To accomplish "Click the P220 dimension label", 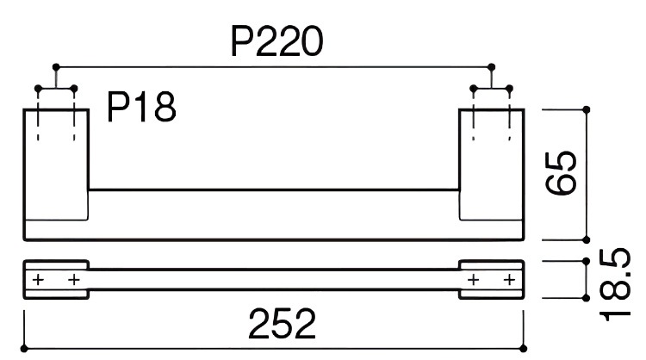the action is pyautogui.click(x=276, y=41).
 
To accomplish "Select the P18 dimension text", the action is pyautogui.click(x=142, y=107).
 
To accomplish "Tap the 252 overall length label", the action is pyautogui.click(x=283, y=324).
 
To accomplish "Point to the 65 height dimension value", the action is pyautogui.click(x=561, y=173).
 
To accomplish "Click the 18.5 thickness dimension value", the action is pyautogui.click(x=615, y=284).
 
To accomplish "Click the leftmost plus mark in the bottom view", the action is pyautogui.click(x=38, y=280).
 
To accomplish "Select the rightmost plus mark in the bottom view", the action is pyautogui.click(x=509, y=280).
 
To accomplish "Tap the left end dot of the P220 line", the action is pyautogui.click(x=56, y=66).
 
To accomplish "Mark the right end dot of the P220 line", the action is pyautogui.click(x=491, y=66).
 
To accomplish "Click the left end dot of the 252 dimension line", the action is pyautogui.click(x=24, y=349).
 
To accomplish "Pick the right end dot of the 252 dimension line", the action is pyautogui.click(x=523, y=349).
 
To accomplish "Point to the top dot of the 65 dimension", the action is pyautogui.click(x=587, y=109).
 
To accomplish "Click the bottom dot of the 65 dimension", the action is pyautogui.click(x=587, y=239).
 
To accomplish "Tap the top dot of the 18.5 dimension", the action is pyautogui.click(x=587, y=261).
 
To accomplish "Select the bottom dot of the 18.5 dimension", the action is pyautogui.click(x=587, y=298).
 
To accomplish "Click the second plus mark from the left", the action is pyautogui.click(x=74, y=280).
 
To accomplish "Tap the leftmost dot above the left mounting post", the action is pyautogui.click(x=38, y=89).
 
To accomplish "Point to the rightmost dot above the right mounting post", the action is pyautogui.click(x=509, y=89).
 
